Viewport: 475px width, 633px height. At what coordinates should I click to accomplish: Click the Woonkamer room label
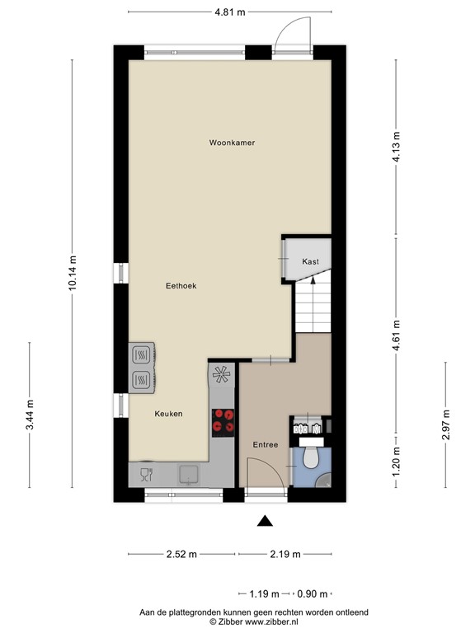tap(232, 143)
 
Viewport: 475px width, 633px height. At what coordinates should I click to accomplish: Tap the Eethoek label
tap(181, 286)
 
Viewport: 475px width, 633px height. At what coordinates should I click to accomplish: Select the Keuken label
tap(168, 414)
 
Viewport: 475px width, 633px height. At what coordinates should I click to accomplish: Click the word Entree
tap(265, 445)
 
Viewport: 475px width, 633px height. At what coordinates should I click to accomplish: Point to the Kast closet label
tap(310, 261)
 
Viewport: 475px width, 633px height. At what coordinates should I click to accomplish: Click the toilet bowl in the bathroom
tap(312, 457)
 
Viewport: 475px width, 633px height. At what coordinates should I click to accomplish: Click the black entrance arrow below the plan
tap(265, 520)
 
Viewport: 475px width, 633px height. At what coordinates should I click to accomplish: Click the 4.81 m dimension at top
tap(230, 12)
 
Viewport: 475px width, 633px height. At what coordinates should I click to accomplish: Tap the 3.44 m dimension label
tap(30, 415)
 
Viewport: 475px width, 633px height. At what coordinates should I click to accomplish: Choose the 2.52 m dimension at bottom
tap(181, 554)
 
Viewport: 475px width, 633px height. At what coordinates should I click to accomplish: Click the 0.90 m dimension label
tap(312, 593)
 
